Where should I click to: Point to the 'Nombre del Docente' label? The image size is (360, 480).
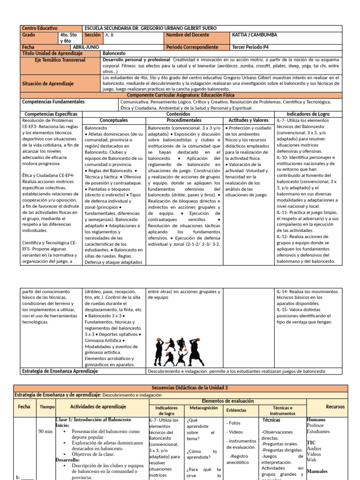[x=186, y=35]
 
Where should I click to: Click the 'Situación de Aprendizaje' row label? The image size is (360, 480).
[x=48, y=83]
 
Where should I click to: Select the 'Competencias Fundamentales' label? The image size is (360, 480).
[x=53, y=101]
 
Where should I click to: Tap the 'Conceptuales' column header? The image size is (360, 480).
[x=113, y=120]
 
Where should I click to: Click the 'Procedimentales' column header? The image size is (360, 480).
[x=184, y=120]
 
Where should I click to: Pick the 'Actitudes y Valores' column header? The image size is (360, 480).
[x=248, y=120]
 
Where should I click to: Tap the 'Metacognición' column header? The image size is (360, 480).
[x=203, y=408]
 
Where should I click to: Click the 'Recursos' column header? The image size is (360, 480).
[x=335, y=407]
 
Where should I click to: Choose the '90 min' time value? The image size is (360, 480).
[x=46, y=432]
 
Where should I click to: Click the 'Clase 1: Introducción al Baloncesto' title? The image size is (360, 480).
[x=93, y=420]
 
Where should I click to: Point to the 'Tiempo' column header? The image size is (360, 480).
[x=47, y=407]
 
